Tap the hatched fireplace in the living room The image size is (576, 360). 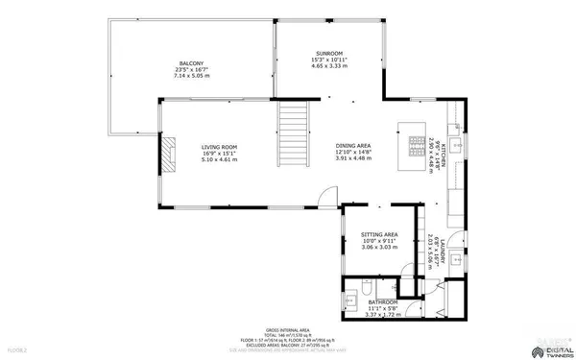point(169,153)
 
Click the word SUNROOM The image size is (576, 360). point(329,53)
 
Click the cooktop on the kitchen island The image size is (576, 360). point(415,147)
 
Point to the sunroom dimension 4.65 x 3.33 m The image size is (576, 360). point(329,66)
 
